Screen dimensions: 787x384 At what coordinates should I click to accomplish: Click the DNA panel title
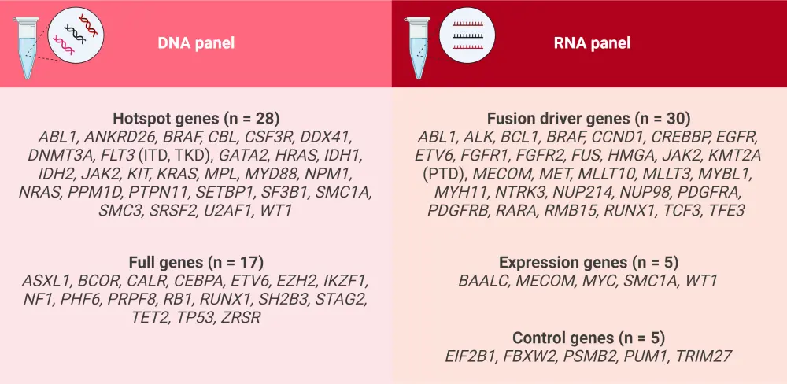coord(196,43)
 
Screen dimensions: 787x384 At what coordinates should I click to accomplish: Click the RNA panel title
coord(593,43)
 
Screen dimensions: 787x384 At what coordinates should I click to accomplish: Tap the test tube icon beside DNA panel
coord(25,48)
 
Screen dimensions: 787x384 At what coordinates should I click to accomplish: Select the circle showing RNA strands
coord(467,35)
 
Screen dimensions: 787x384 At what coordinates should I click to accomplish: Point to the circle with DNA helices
coord(76,35)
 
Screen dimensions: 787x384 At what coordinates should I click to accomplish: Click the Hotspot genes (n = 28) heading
coord(196,119)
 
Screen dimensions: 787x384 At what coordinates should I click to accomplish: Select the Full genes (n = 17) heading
coord(196,262)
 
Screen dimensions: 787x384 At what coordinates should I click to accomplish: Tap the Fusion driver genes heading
coord(589,119)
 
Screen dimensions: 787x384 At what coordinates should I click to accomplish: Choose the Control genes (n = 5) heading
coord(589,337)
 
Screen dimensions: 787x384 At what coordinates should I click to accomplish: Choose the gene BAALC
coord(482,280)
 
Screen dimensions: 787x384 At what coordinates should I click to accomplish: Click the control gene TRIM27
coord(703,356)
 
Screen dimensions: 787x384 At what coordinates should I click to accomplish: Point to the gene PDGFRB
coord(458,211)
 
